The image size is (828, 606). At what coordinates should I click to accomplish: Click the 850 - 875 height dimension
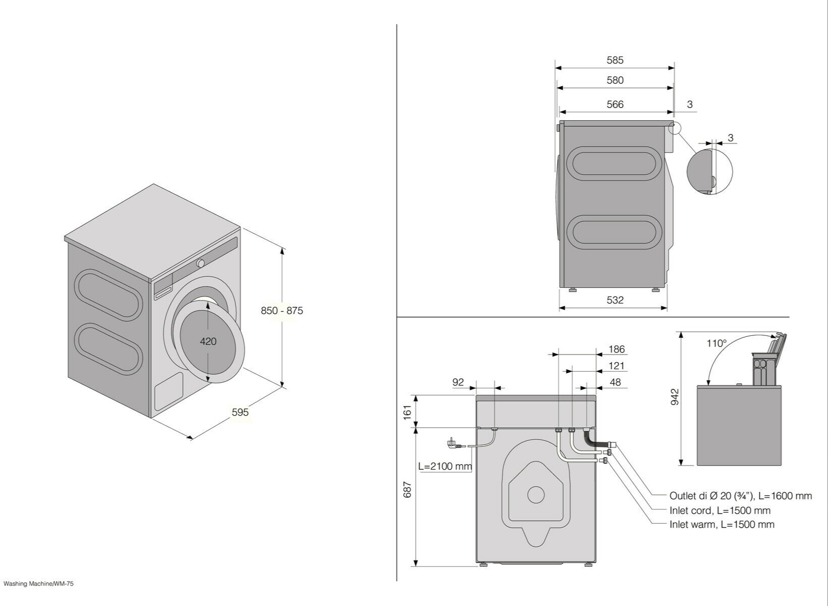(282, 311)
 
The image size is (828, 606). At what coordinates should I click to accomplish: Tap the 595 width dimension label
(240, 412)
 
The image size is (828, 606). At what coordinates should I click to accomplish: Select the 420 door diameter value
(208, 341)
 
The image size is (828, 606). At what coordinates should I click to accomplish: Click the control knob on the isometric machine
(201, 263)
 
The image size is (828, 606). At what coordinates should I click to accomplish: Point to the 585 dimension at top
(615, 60)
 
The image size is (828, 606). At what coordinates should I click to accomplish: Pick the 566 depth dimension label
(615, 105)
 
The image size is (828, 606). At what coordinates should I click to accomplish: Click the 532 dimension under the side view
(615, 300)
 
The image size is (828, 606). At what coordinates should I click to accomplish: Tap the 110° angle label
(716, 343)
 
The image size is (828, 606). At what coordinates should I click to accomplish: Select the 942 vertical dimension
(675, 397)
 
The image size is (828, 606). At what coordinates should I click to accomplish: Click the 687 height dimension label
(408, 489)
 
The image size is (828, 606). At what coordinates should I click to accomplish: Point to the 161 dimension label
(408, 411)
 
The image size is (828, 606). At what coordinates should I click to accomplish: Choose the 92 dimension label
(458, 382)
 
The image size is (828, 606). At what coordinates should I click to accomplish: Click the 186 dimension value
(616, 349)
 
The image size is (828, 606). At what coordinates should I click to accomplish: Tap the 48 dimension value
(615, 382)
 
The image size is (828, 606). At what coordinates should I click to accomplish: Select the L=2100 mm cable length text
(445, 466)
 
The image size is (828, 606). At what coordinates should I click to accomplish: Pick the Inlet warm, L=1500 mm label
(722, 524)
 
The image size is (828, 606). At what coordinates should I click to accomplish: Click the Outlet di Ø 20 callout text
(740, 496)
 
